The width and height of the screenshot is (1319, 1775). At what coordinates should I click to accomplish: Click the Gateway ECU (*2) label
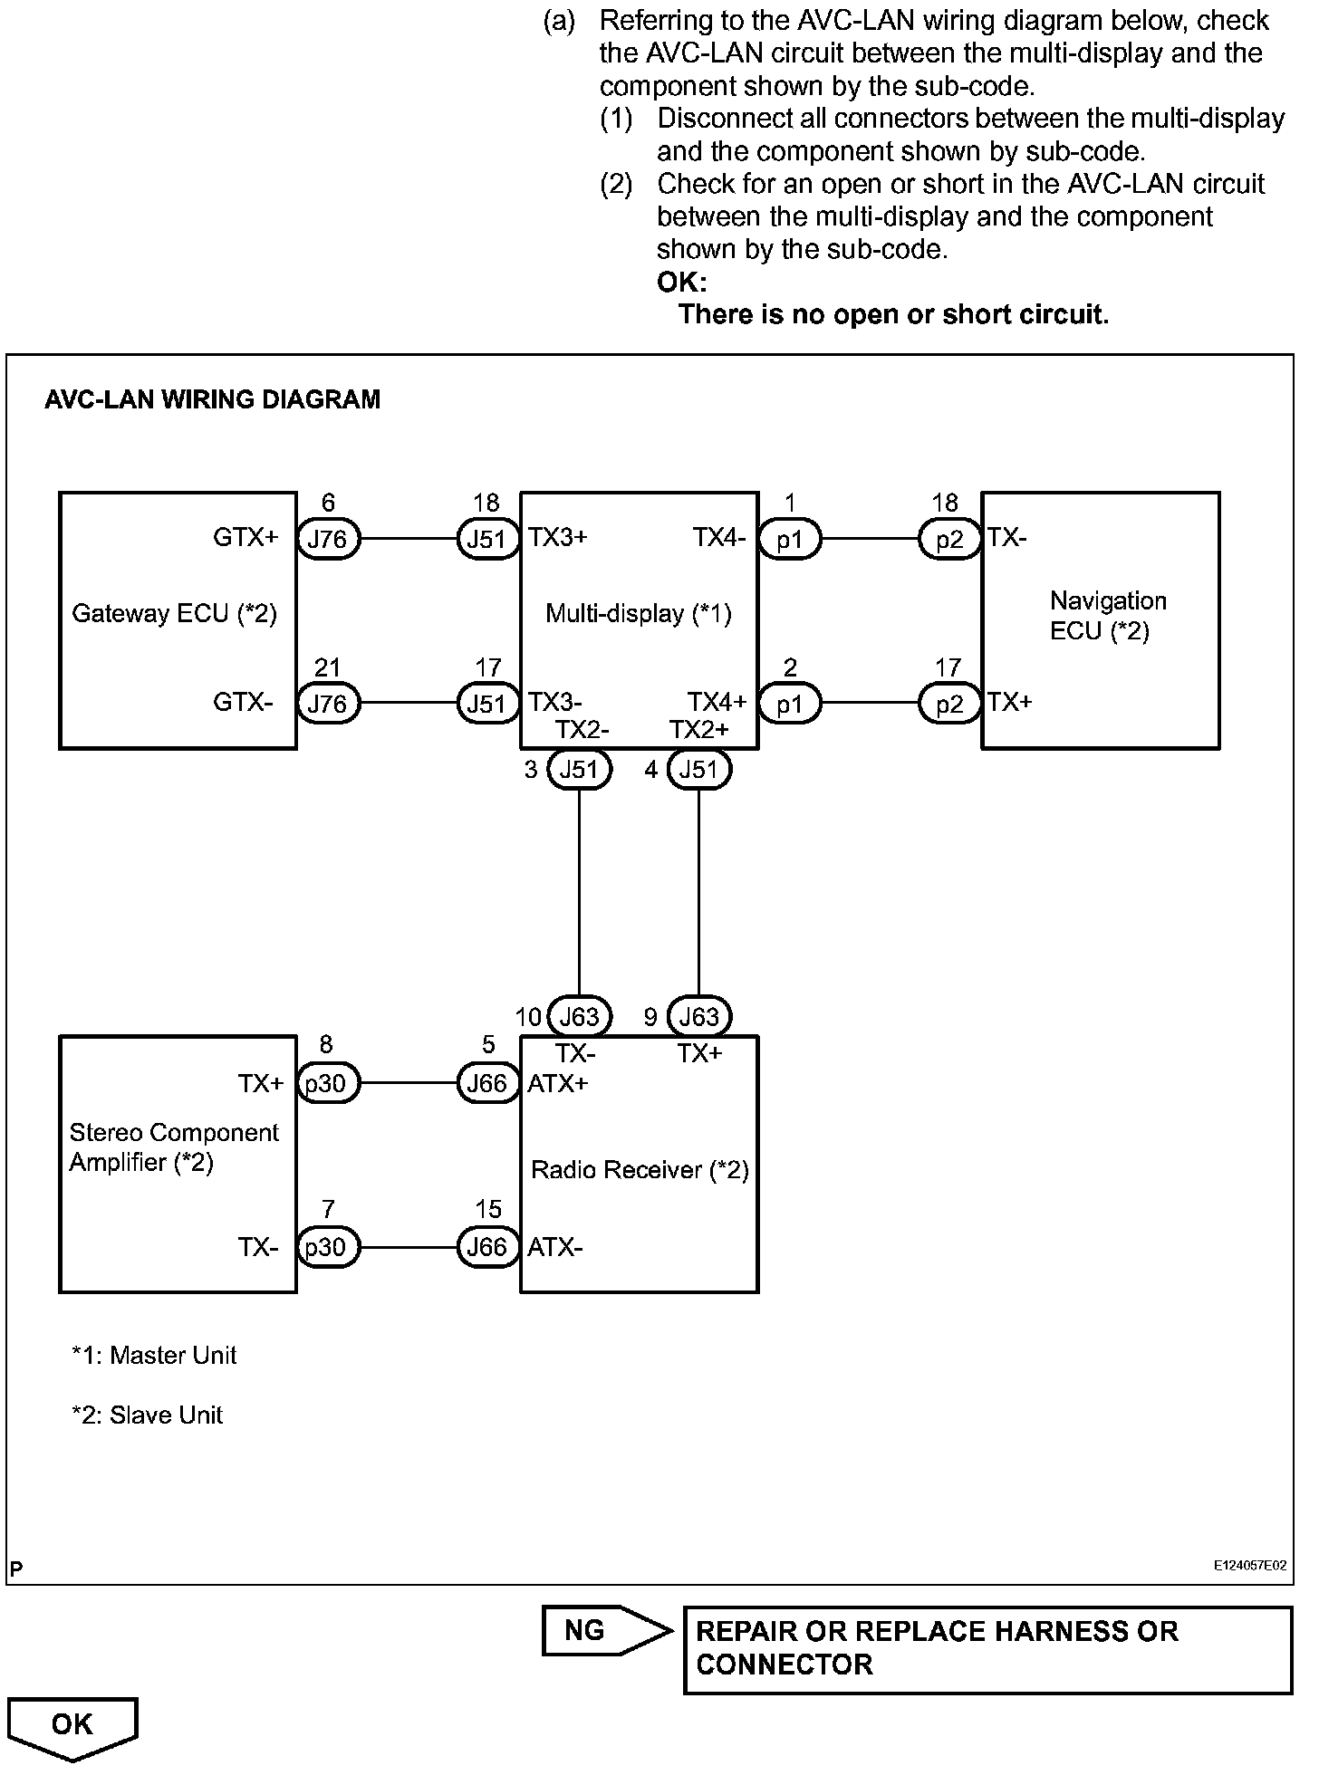pyautogui.click(x=174, y=614)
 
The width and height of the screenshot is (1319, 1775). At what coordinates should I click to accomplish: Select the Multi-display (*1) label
pyautogui.click(x=638, y=614)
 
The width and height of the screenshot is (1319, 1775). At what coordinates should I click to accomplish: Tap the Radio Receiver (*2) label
pyautogui.click(x=640, y=1170)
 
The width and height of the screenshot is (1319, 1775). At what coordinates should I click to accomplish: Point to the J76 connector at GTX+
pyautogui.click(x=327, y=539)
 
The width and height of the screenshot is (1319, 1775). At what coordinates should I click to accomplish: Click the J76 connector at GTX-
pyautogui.click(x=327, y=704)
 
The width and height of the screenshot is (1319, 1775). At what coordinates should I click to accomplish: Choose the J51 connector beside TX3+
pyautogui.click(x=487, y=539)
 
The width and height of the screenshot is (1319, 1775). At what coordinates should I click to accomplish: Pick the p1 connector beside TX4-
pyautogui.click(x=789, y=539)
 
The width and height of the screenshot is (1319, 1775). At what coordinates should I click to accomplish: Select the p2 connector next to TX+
pyautogui.click(x=949, y=704)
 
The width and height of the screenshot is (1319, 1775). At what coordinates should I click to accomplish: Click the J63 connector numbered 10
pyautogui.click(x=580, y=1016)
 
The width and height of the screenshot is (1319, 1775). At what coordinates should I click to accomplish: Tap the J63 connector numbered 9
pyautogui.click(x=698, y=1016)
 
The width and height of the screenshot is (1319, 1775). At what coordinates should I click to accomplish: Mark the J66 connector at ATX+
pyautogui.click(x=487, y=1083)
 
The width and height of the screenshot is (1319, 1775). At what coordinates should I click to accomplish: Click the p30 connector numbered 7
pyautogui.click(x=326, y=1247)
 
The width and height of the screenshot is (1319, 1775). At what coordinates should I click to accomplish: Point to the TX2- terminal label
pyautogui.click(x=582, y=730)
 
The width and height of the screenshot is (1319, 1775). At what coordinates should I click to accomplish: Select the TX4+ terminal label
pyautogui.click(x=717, y=702)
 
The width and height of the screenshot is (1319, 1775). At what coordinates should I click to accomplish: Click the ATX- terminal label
pyautogui.click(x=555, y=1247)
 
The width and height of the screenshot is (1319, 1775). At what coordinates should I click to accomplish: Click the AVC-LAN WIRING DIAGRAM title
pyautogui.click(x=212, y=399)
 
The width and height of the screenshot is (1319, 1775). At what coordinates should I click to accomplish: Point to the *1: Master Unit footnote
pyautogui.click(x=154, y=1356)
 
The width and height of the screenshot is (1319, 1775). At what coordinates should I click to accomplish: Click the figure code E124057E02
pyautogui.click(x=1251, y=1565)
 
